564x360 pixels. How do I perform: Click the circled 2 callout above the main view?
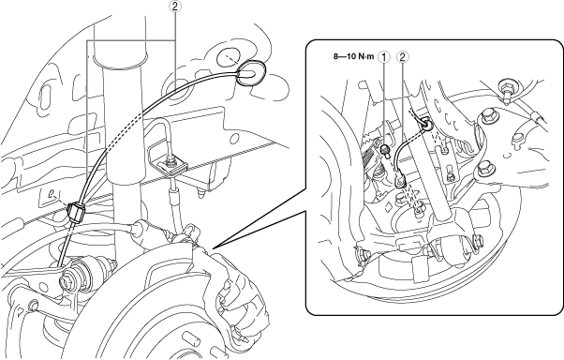click(175, 6)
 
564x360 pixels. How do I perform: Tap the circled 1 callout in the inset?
click(385, 56)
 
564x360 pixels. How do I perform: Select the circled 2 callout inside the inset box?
click(402, 56)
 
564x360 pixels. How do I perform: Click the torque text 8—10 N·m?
click(353, 56)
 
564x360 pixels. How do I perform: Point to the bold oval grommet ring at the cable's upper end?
click(251, 73)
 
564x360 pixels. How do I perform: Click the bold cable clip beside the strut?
click(76, 213)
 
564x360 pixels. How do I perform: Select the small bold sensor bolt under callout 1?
click(385, 149)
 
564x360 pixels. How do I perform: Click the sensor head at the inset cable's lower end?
click(400, 180)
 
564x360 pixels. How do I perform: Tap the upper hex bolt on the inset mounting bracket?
click(486, 117)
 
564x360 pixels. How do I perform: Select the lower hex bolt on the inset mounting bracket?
click(483, 168)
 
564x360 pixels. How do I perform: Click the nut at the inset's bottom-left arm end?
click(363, 253)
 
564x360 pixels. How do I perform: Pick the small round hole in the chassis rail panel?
click(235, 139)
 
